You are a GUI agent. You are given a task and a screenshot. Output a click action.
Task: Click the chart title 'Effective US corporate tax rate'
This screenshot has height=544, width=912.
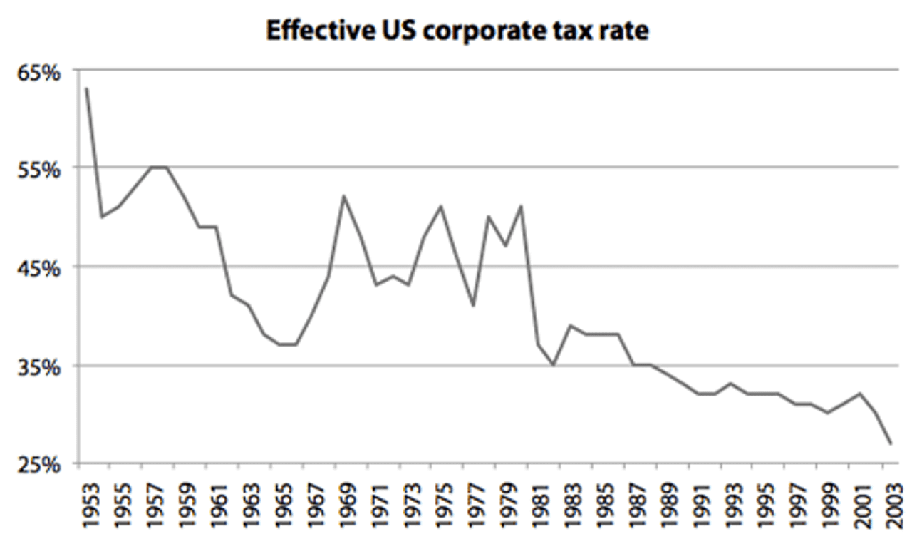point(457,31)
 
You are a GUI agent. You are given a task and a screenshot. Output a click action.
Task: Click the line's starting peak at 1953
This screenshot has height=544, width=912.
point(86,88)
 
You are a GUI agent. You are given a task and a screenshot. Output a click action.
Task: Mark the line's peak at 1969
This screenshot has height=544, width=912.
point(343,196)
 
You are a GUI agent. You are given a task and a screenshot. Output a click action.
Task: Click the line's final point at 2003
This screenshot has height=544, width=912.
point(890,443)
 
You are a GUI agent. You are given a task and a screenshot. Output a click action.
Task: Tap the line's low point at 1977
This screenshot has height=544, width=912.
point(472,306)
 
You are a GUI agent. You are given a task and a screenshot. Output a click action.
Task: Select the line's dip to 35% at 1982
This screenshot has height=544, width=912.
point(553,364)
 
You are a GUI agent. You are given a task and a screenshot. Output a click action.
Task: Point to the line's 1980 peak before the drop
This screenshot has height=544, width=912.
point(521,207)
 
